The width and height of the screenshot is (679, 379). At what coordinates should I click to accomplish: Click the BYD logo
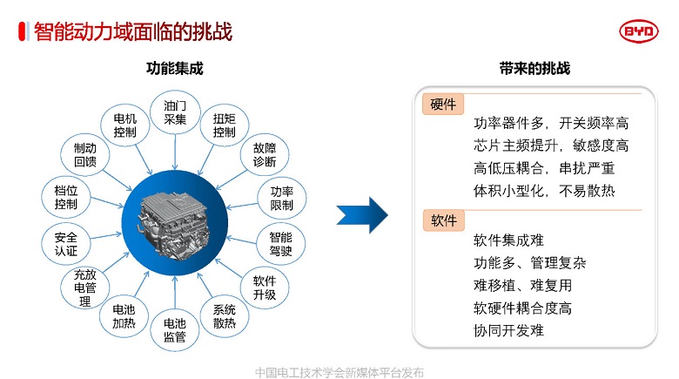[639, 31]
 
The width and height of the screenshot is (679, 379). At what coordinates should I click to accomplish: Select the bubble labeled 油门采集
[175, 112]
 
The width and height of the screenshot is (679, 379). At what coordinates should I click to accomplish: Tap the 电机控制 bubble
[124, 125]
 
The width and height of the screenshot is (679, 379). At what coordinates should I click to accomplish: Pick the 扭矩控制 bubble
[225, 125]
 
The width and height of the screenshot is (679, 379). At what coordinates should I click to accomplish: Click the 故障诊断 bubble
[265, 155]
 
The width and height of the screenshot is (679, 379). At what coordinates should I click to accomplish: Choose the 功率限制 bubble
[282, 198]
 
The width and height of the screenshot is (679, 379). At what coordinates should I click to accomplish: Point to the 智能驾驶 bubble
[280, 244]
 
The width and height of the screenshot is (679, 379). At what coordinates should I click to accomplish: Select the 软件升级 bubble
[265, 288]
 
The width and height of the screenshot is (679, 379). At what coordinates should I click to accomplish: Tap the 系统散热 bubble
[225, 316]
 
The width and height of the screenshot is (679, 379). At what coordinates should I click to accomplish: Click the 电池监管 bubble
[175, 330]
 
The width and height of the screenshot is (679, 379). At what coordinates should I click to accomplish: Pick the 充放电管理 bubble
[85, 288]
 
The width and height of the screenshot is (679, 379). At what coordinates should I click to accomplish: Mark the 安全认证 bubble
[66, 244]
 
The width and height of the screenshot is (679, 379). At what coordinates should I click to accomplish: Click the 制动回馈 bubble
[85, 155]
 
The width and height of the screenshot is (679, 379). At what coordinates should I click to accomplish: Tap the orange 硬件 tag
[443, 104]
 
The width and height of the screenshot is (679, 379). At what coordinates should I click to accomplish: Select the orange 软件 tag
[443, 220]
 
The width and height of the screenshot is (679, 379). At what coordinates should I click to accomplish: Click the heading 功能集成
[174, 68]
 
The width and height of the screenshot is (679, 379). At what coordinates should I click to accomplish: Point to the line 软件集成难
[508, 240]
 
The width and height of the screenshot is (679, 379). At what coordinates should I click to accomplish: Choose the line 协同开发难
[508, 330]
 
